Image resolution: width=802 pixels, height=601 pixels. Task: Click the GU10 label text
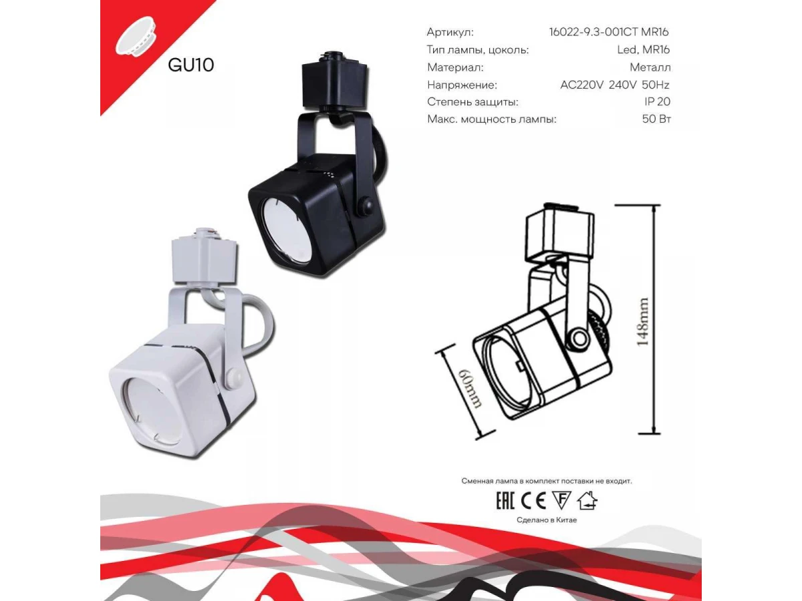(x=190, y=65)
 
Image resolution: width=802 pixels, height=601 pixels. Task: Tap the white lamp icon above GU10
(x=136, y=36)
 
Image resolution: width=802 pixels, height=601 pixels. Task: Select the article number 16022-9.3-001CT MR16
(x=609, y=32)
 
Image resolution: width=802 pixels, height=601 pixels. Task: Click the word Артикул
(x=450, y=33)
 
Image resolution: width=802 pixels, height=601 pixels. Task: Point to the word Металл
(x=650, y=67)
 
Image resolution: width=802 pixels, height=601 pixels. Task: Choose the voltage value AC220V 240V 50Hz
(x=615, y=85)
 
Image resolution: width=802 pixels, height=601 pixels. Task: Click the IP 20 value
(x=658, y=102)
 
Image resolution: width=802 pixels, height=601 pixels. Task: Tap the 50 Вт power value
(x=656, y=119)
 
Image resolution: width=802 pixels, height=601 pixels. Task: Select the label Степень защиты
(x=473, y=102)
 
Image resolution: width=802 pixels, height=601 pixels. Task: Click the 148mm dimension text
(x=642, y=322)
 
